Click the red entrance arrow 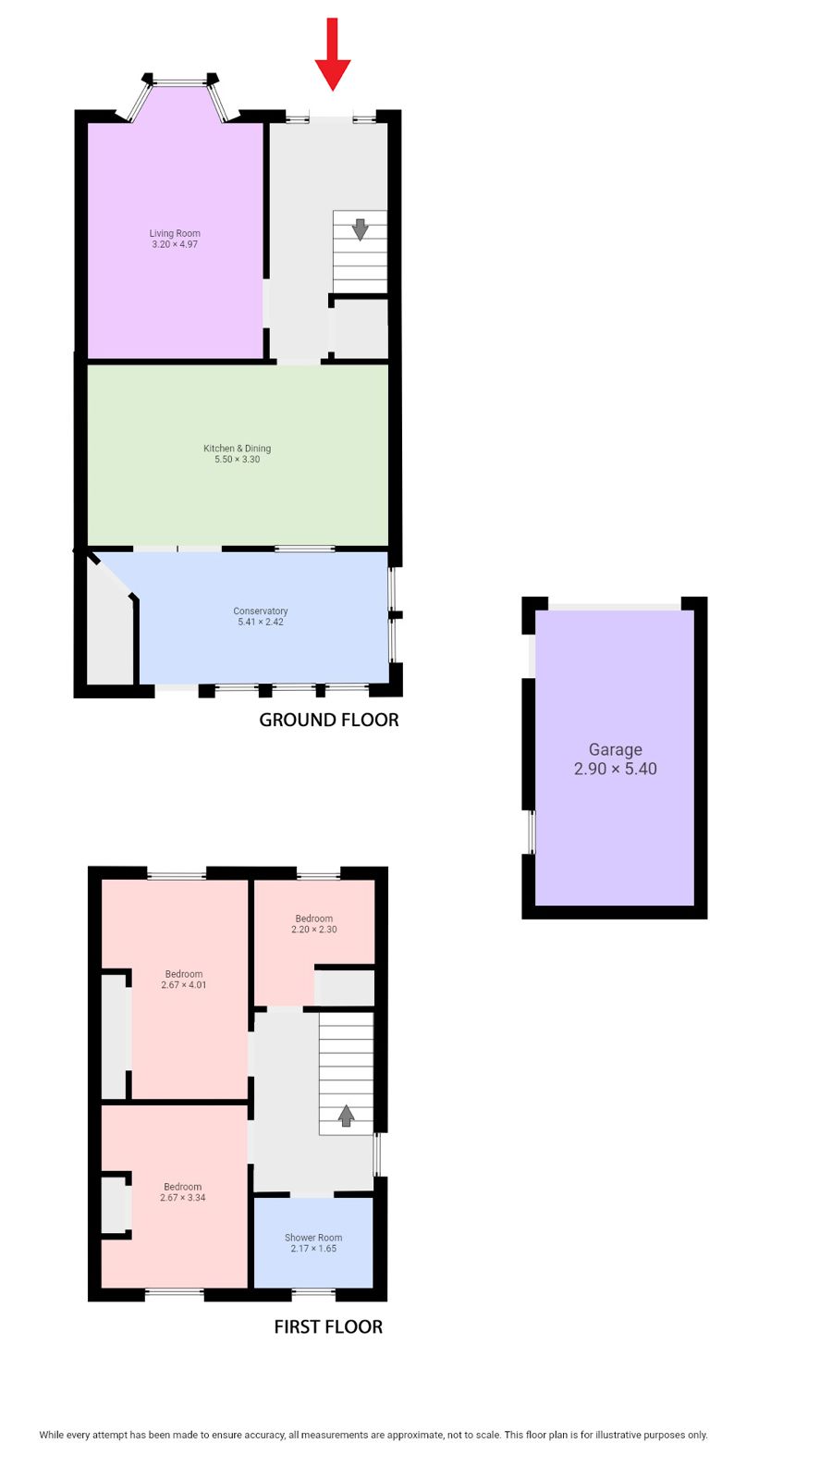coord(332,55)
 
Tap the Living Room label coord(175,233)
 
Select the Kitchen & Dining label coord(237,448)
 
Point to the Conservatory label coord(260,611)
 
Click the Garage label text coord(616,749)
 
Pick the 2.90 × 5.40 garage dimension coord(616,769)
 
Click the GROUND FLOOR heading coord(329,720)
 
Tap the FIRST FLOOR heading coord(328,1326)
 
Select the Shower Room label coord(313,1238)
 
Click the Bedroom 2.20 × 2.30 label coord(314,924)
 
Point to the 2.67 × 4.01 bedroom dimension coord(184,984)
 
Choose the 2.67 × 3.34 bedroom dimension coord(183,1197)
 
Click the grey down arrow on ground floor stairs coord(360,229)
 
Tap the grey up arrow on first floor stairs coord(346,1116)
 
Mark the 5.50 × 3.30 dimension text coord(237,459)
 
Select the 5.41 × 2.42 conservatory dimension coord(261,622)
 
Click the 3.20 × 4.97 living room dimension coord(175,244)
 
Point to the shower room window coord(313,1292)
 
